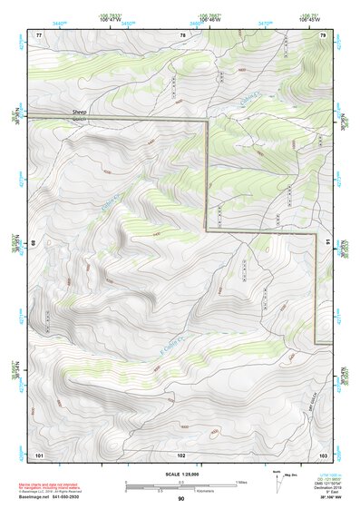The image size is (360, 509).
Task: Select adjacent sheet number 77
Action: point(39,34)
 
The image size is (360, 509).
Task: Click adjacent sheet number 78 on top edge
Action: point(182,34)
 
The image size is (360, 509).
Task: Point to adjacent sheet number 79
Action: point(322,34)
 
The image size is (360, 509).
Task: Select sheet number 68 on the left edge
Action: point(34,243)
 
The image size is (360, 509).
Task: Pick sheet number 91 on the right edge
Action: point(327,243)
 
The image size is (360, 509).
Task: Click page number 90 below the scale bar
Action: point(181,499)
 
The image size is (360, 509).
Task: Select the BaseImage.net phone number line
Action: point(58,497)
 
